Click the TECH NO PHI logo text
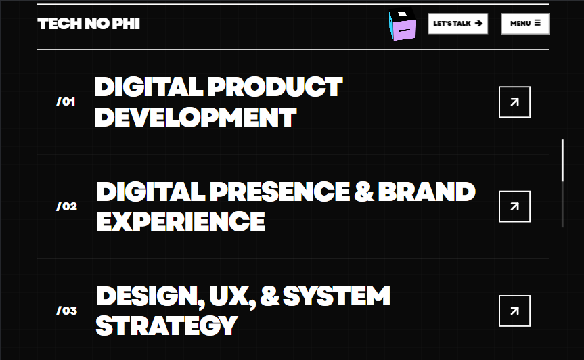click(89, 24)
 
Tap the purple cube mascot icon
click(403, 25)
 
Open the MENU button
click(525, 23)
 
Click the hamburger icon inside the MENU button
click(537, 23)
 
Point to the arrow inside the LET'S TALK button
click(478, 23)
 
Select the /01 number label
click(66, 102)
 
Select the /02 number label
click(67, 206)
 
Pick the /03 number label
click(67, 311)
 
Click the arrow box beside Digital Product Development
click(514, 102)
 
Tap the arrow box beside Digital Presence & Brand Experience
click(514, 206)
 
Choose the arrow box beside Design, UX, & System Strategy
click(514, 311)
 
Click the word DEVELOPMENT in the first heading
click(195, 117)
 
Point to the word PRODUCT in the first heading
click(275, 87)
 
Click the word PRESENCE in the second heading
click(279, 192)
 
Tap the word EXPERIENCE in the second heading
click(180, 221)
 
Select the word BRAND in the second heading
click(426, 192)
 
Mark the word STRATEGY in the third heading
click(166, 325)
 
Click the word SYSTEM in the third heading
click(336, 296)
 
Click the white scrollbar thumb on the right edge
click(562, 160)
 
